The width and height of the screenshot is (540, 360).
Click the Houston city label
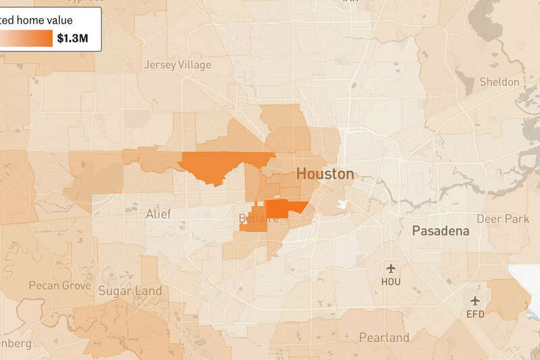tap(325, 174)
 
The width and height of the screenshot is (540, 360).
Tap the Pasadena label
tap(440, 231)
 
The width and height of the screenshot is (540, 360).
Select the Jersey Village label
tap(178, 65)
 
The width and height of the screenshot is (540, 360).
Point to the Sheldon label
tap(499, 82)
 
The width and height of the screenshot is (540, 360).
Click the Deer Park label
tap(502, 219)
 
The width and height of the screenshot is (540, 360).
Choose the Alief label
tap(159, 214)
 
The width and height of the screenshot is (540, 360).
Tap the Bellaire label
tap(254, 219)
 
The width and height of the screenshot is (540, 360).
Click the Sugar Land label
tap(130, 291)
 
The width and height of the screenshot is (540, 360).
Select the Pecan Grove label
tap(59, 286)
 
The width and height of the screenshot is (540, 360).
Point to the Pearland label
tap(383, 337)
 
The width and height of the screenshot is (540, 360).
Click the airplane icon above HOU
tap(391, 269)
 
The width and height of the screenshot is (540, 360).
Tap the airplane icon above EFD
tap(475, 301)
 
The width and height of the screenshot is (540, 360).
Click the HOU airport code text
tap(391, 282)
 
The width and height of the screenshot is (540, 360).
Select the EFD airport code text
tap(475, 313)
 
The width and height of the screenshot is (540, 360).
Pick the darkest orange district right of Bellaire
tap(280, 209)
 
